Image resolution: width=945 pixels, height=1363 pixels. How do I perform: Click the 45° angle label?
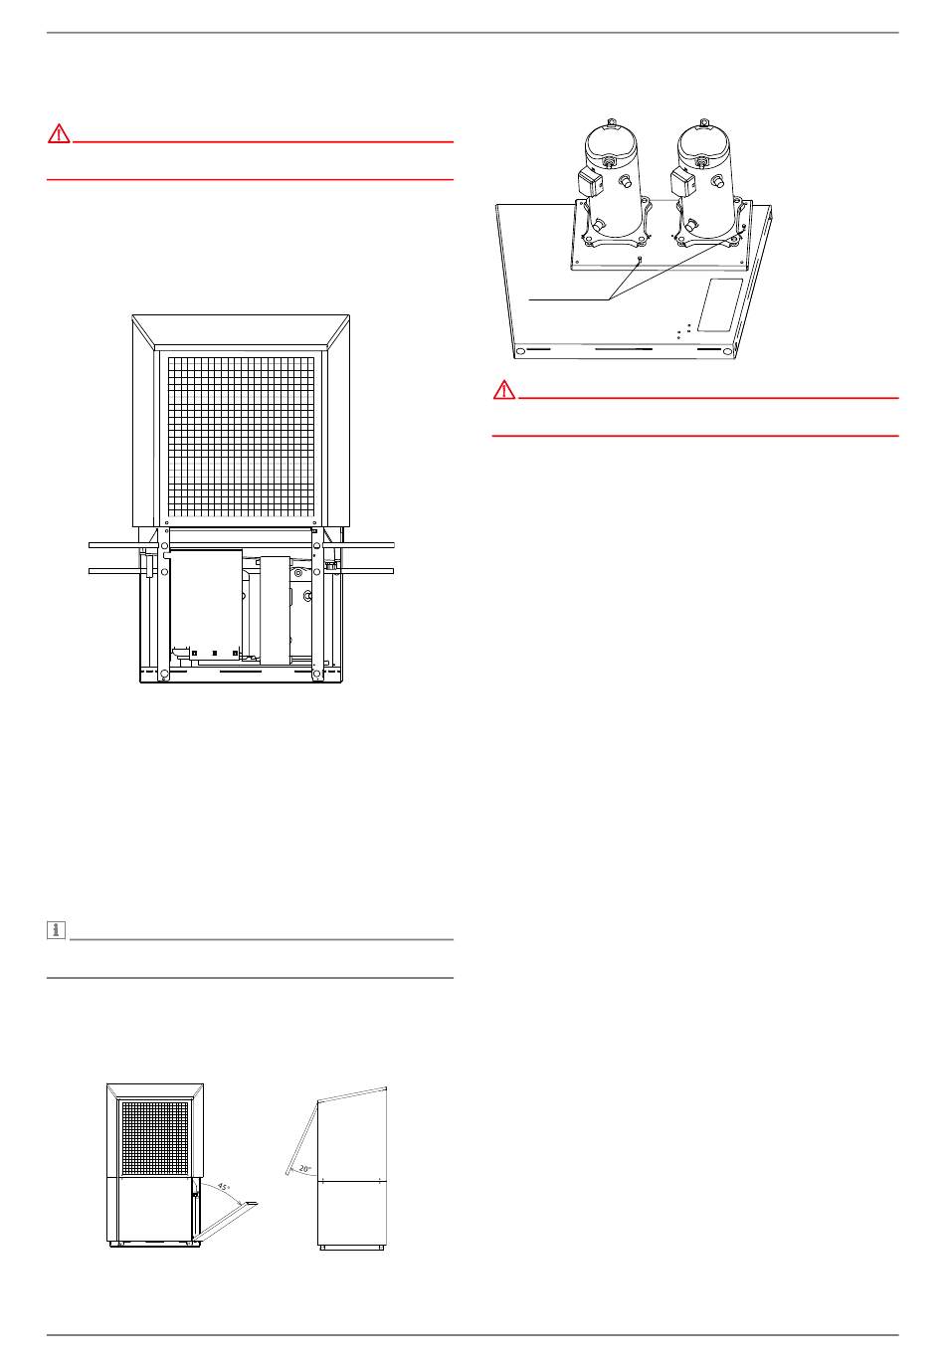point(224,1187)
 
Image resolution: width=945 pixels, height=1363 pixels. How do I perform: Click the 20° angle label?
point(304,1168)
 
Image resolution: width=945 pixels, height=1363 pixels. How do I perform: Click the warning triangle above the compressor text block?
point(504,389)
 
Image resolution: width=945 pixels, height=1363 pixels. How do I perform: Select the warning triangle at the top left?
point(59,133)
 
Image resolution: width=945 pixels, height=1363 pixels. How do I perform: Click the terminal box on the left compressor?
point(589,181)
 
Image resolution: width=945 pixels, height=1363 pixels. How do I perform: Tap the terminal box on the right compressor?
point(682,181)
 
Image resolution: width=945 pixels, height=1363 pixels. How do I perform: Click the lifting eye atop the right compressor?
point(704,121)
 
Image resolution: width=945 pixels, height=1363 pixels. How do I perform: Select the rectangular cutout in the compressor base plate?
point(720,305)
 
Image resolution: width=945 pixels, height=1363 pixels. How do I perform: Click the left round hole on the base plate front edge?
point(520,351)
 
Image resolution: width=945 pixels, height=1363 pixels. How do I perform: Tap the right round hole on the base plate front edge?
point(727,351)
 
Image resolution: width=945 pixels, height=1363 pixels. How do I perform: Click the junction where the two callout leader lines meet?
point(609,299)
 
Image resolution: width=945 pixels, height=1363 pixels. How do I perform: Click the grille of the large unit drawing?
point(241,435)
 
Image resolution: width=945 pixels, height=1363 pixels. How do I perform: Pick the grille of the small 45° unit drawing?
point(155,1138)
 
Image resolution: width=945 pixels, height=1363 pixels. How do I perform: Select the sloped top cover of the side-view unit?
point(352,1093)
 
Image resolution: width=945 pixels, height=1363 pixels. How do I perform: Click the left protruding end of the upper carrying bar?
point(114,545)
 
